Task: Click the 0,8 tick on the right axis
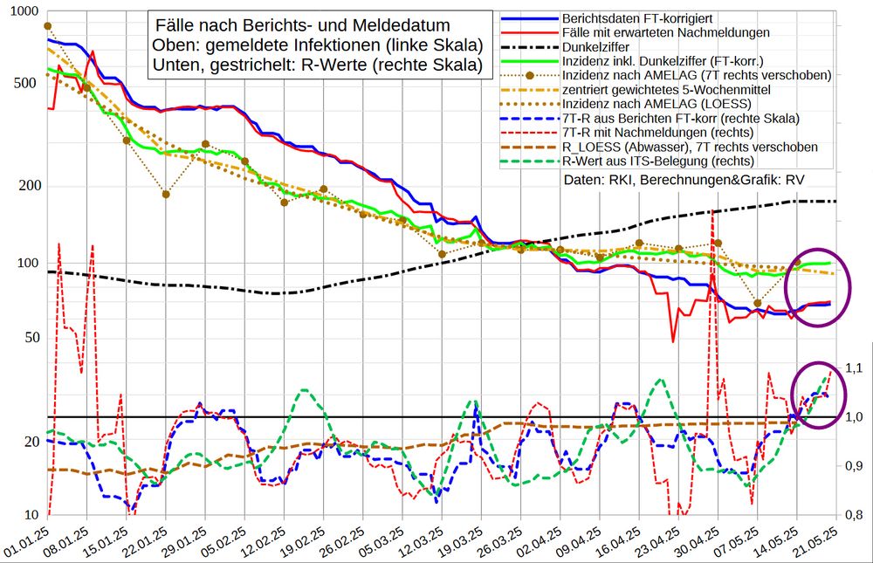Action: pyautogui.click(x=852, y=515)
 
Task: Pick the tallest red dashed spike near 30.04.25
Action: pyautogui.click(x=713, y=212)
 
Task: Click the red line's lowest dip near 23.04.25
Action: pyautogui.click(x=673, y=340)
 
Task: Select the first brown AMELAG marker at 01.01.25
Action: pyautogui.click(x=47, y=26)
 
